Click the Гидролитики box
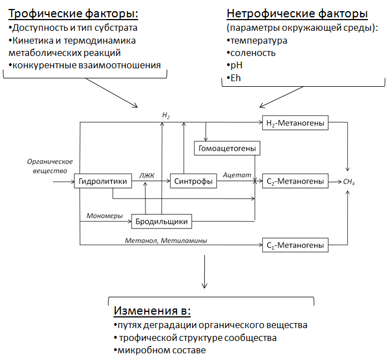click(x=97, y=181)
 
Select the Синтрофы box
click(x=193, y=181)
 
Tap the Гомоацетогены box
click(x=227, y=149)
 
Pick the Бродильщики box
click(x=161, y=222)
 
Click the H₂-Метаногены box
click(x=295, y=123)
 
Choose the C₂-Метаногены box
click(x=295, y=181)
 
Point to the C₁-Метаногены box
click(x=295, y=245)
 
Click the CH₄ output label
click(x=349, y=183)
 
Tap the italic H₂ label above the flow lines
click(x=166, y=115)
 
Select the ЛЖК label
click(x=148, y=175)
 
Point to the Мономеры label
click(x=105, y=216)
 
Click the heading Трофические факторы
click(x=73, y=13)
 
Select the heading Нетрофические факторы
click(x=297, y=13)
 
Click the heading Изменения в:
click(x=152, y=311)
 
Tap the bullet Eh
click(x=235, y=78)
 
